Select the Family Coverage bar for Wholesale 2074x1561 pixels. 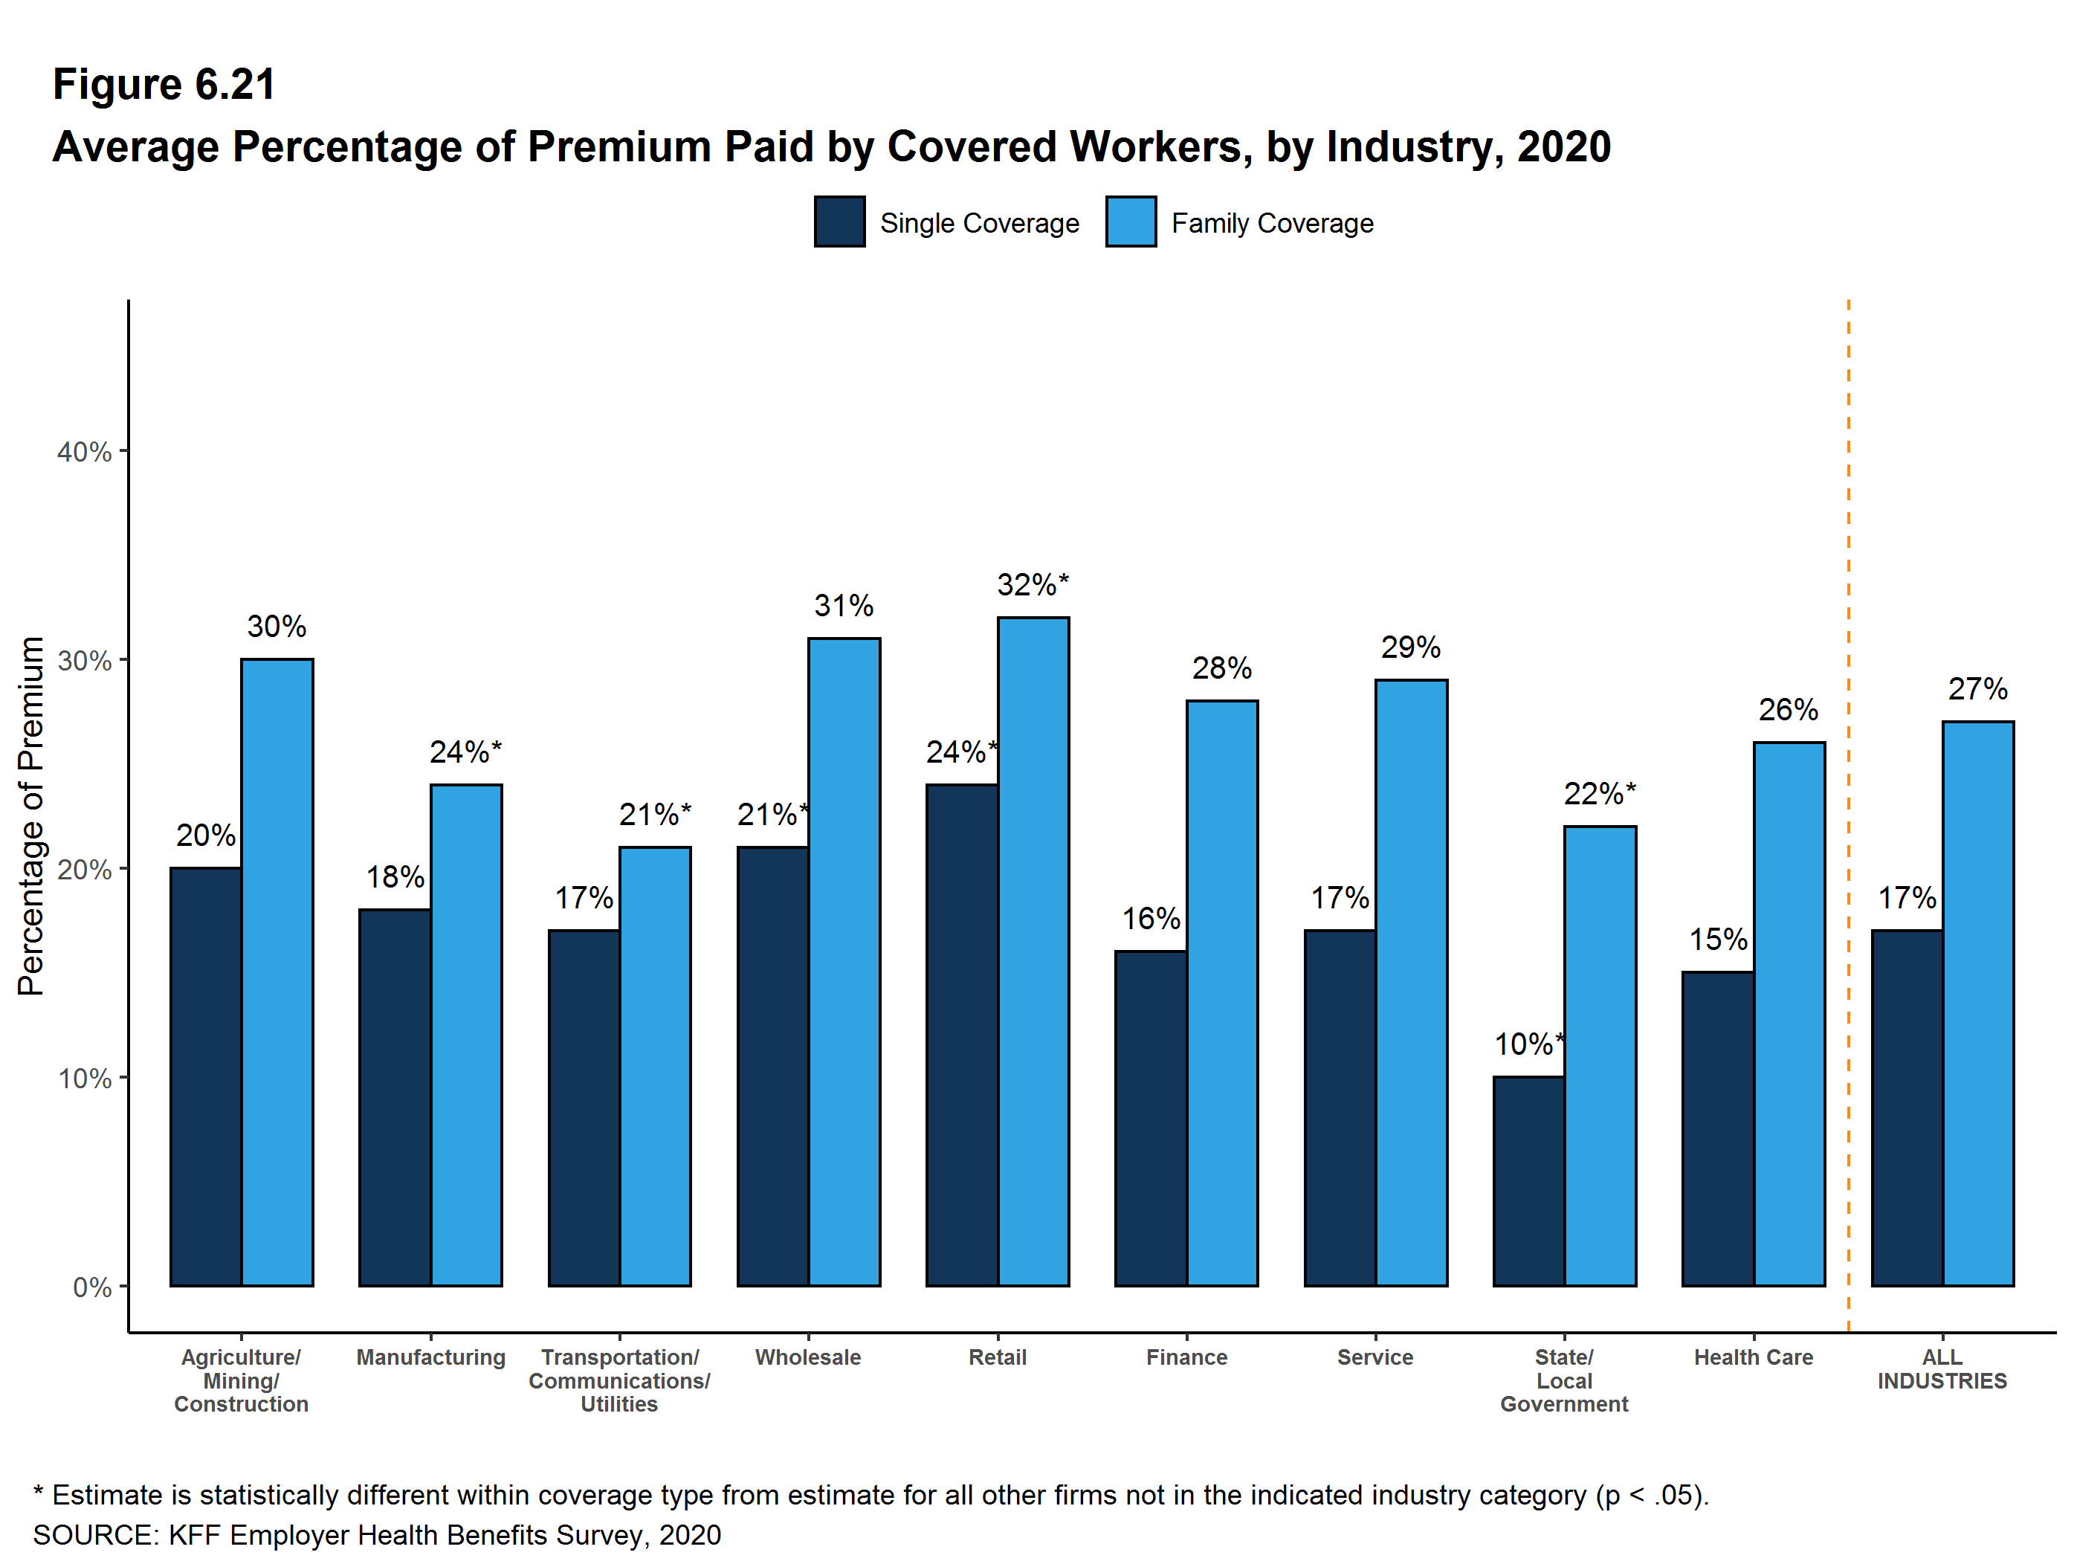[844, 961]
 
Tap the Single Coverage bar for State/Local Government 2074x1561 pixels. [1528, 1180]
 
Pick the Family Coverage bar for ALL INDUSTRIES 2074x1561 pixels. [1977, 1003]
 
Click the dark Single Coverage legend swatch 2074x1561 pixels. [839, 222]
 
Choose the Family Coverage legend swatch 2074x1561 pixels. [1130, 222]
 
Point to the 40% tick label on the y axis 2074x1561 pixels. [85, 452]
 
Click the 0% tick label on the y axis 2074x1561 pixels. [92, 1287]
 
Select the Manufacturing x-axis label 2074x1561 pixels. [430, 1357]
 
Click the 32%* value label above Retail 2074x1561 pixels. [1033, 585]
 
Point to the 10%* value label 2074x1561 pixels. [1528, 1044]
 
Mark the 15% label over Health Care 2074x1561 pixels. [1718, 940]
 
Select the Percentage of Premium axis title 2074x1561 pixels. [31, 815]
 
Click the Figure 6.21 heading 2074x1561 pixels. [164, 85]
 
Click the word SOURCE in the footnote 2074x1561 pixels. [94, 1535]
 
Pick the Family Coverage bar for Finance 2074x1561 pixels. [1221, 993]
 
